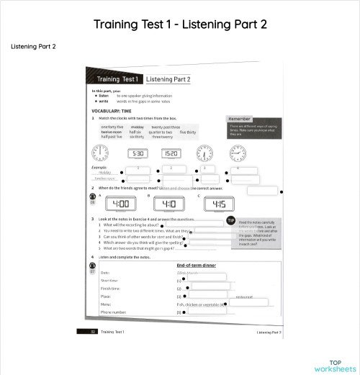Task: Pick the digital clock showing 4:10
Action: (x=163, y=204)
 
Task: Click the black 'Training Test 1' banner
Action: (x=113, y=79)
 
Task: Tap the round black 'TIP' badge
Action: (x=230, y=220)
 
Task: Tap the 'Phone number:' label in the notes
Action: (x=113, y=312)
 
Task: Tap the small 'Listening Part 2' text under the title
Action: (x=33, y=47)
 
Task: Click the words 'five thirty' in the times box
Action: (x=187, y=132)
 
